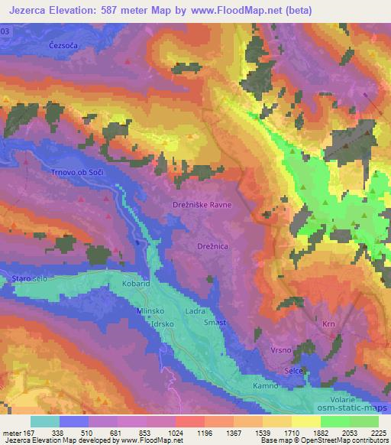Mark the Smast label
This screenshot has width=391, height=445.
click(x=214, y=323)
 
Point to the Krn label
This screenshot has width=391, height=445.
click(x=330, y=324)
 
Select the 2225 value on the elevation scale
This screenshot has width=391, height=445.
click(x=377, y=433)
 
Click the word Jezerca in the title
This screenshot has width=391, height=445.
click(x=27, y=10)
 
